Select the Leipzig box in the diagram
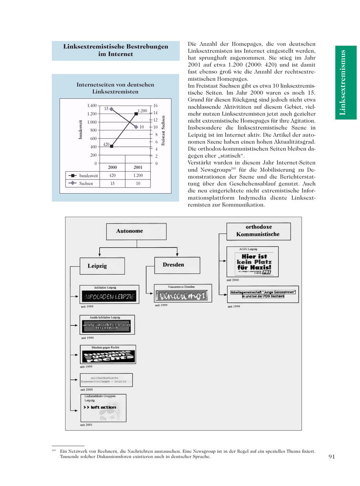click(97, 266)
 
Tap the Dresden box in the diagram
click(174, 265)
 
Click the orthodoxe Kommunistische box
click(258, 231)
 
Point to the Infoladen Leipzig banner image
click(109, 296)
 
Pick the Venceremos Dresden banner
click(182, 296)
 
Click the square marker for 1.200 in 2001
click(136, 114)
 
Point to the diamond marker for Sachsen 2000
click(111, 109)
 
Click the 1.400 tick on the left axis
click(92, 106)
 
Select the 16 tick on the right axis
click(156, 106)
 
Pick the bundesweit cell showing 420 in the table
click(112, 176)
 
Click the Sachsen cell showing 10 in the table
click(138, 184)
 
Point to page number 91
click(332, 456)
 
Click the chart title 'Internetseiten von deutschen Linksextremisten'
click(115, 88)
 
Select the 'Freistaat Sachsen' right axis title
click(163, 131)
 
